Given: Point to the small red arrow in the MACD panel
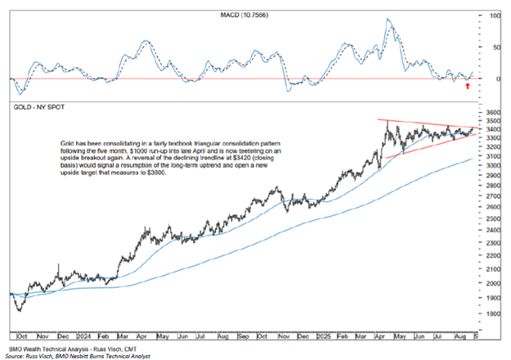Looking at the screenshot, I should pyautogui.click(x=467, y=84).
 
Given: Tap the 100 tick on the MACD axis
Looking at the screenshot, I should pyautogui.click(x=493, y=16).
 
